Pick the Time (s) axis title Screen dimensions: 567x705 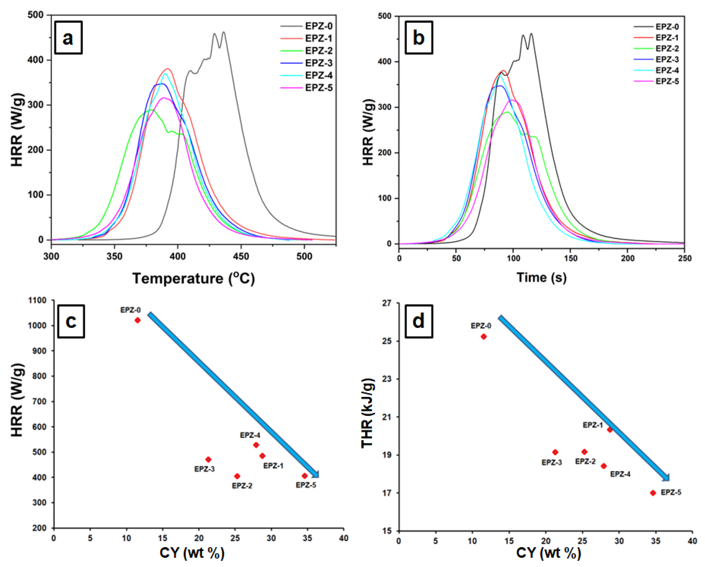[541, 277]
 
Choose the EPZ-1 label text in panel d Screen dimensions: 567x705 [592, 425]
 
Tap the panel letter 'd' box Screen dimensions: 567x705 [418, 321]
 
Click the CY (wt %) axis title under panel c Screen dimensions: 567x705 [192, 553]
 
